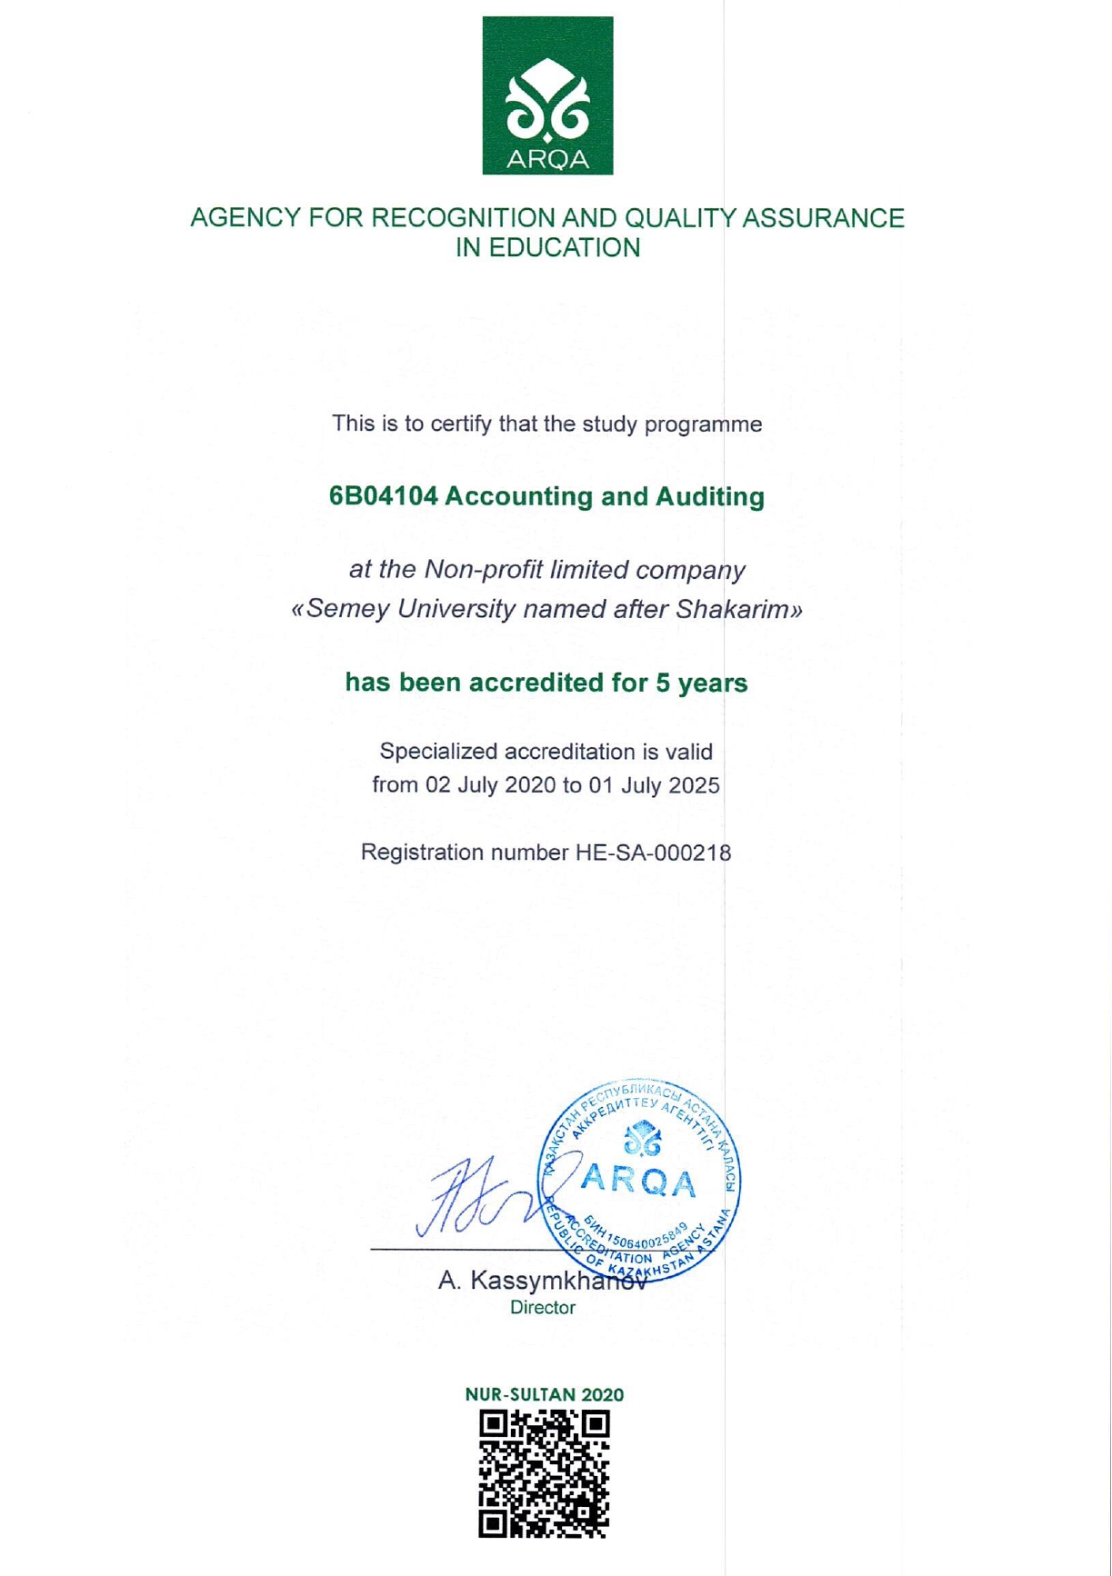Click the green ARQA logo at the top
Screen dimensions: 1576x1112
click(x=547, y=95)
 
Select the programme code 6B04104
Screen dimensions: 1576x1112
click(x=384, y=497)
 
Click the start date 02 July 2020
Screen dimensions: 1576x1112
click(x=485, y=785)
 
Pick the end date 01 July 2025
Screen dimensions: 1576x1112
click(x=654, y=785)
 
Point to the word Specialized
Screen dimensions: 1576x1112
click(x=438, y=753)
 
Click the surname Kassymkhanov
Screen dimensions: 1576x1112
click(x=558, y=1282)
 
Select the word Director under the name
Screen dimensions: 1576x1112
click(x=543, y=1308)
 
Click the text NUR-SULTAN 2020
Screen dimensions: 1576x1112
click(x=545, y=1395)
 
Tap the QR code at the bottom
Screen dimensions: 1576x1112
click(x=545, y=1474)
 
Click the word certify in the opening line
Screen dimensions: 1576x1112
click(x=462, y=424)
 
